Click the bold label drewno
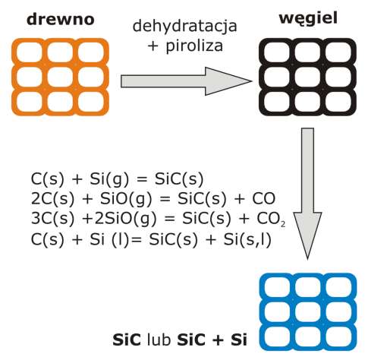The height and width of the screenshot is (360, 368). point(61,19)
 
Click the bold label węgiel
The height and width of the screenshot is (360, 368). point(308,19)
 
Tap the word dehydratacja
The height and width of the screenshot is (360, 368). point(185,27)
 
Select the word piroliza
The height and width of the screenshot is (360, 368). point(194,46)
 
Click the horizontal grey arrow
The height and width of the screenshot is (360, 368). point(187,81)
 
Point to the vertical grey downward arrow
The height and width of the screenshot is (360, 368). point(307,194)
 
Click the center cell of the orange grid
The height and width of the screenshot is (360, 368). point(60,77)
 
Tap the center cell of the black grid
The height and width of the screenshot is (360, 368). point(308,77)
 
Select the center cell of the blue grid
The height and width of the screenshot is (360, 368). point(308,312)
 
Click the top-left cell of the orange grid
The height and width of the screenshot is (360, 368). point(30,52)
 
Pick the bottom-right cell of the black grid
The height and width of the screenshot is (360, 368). point(338,103)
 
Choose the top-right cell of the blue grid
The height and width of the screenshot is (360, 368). point(338,288)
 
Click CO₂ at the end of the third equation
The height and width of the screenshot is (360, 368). point(271,219)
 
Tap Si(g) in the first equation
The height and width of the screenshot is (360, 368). point(109,179)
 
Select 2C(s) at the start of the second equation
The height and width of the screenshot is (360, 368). point(53,199)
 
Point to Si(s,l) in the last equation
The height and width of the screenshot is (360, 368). point(247,239)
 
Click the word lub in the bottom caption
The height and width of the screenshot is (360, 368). point(159,339)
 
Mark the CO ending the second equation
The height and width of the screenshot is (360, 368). point(263,199)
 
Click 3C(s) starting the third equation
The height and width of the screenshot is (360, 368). point(53,219)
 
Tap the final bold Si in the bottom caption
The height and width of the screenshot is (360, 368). point(239,339)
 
